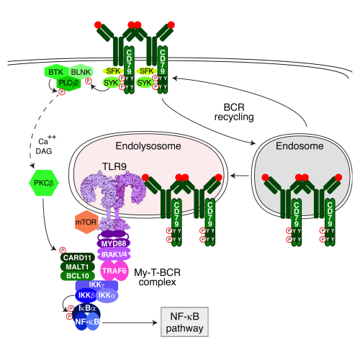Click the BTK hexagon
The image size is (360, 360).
(55, 72)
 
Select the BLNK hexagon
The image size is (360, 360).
(81, 72)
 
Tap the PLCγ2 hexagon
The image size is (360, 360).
(68, 84)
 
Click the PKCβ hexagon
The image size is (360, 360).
(44, 183)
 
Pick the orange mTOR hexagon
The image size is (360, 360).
(86, 222)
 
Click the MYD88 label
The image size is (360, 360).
(114, 244)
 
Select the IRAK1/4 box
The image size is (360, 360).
(114, 254)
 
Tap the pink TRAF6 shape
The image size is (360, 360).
(114, 271)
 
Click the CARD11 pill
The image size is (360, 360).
(78, 258)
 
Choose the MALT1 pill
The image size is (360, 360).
(78, 267)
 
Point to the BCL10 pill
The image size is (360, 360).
(78, 276)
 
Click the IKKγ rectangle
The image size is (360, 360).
(96, 285)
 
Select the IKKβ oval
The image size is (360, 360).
(86, 296)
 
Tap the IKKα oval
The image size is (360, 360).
(107, 296)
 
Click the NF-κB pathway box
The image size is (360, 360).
(184, 322)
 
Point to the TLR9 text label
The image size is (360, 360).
(114, 166)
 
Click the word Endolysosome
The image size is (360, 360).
(148, 146)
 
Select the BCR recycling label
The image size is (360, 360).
(234, 112)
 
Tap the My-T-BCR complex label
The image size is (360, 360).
(157, 277)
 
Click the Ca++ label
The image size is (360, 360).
(47, 140)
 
